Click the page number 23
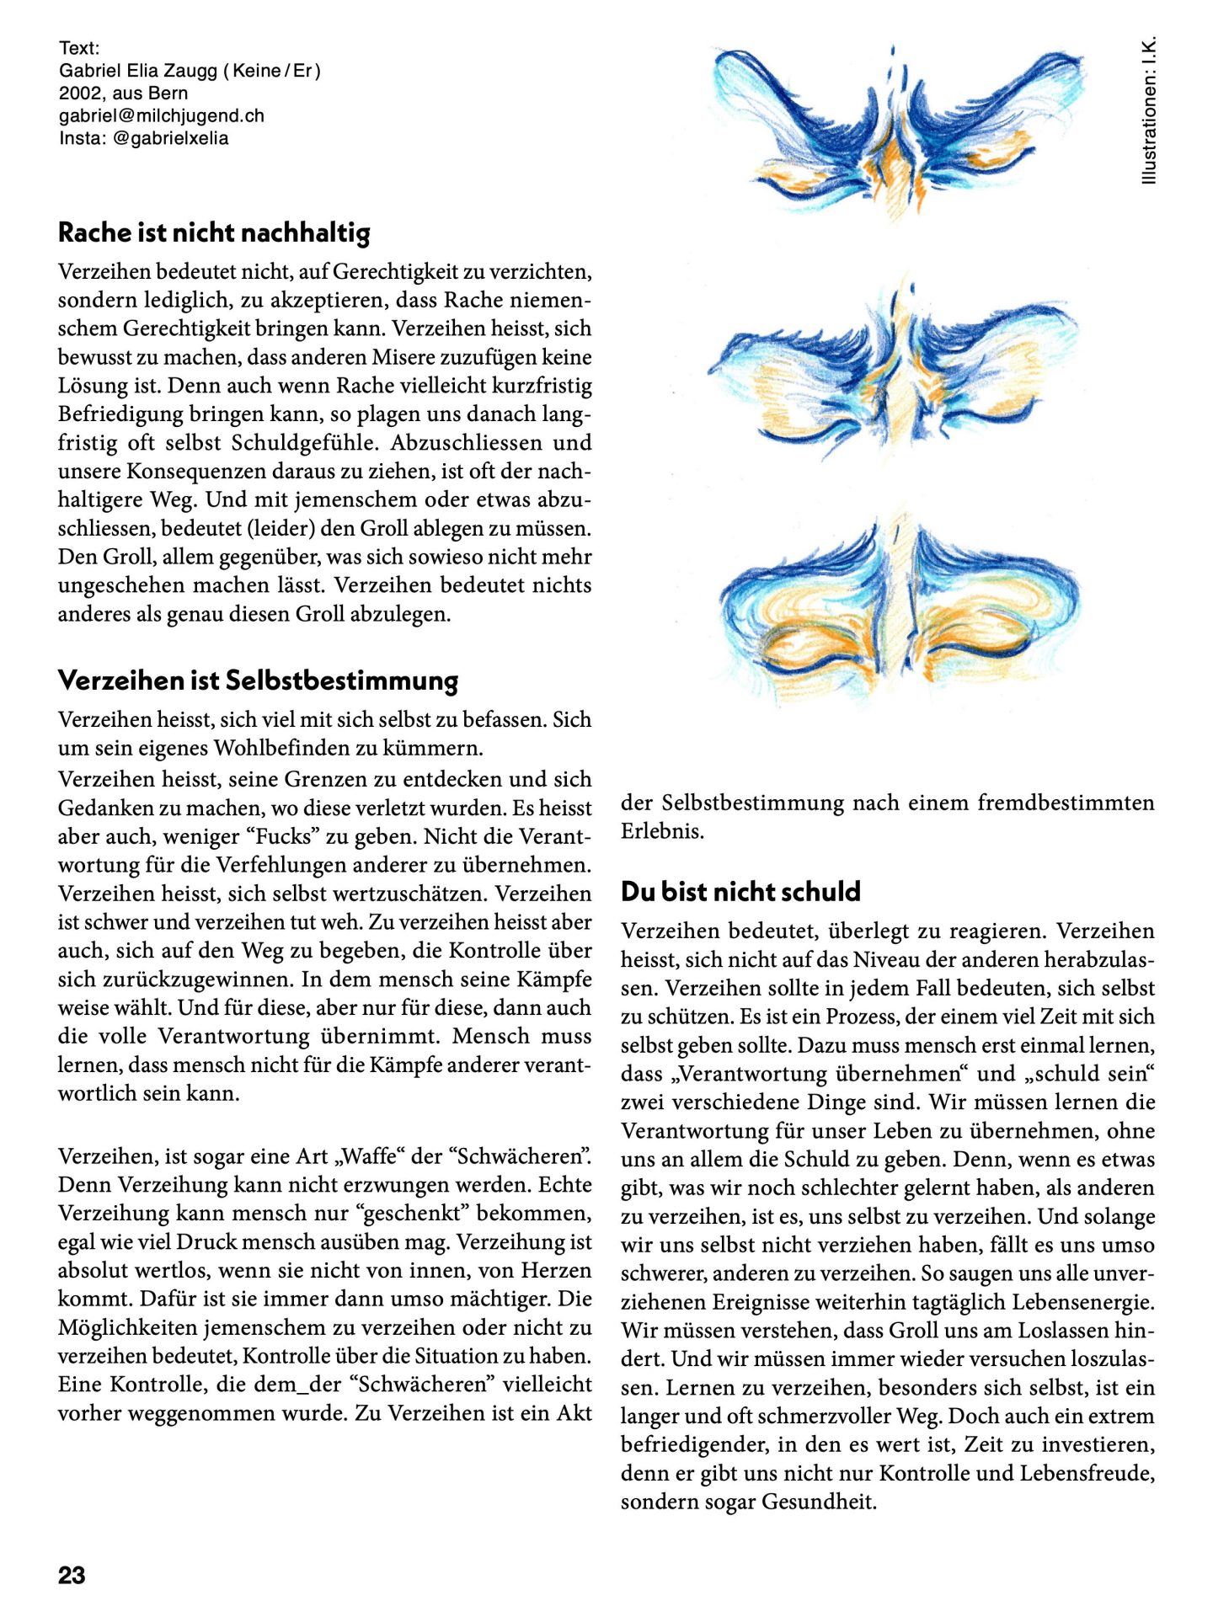[72, 1575]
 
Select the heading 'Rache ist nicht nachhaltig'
[214, 232]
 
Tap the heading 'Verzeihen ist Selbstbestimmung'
[258, 680]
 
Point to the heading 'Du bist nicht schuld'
[740, 892]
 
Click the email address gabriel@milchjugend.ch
[162, 116]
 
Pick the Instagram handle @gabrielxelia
[170, 139]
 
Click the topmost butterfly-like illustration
[897, 131]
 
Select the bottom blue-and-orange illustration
[900, 602]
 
